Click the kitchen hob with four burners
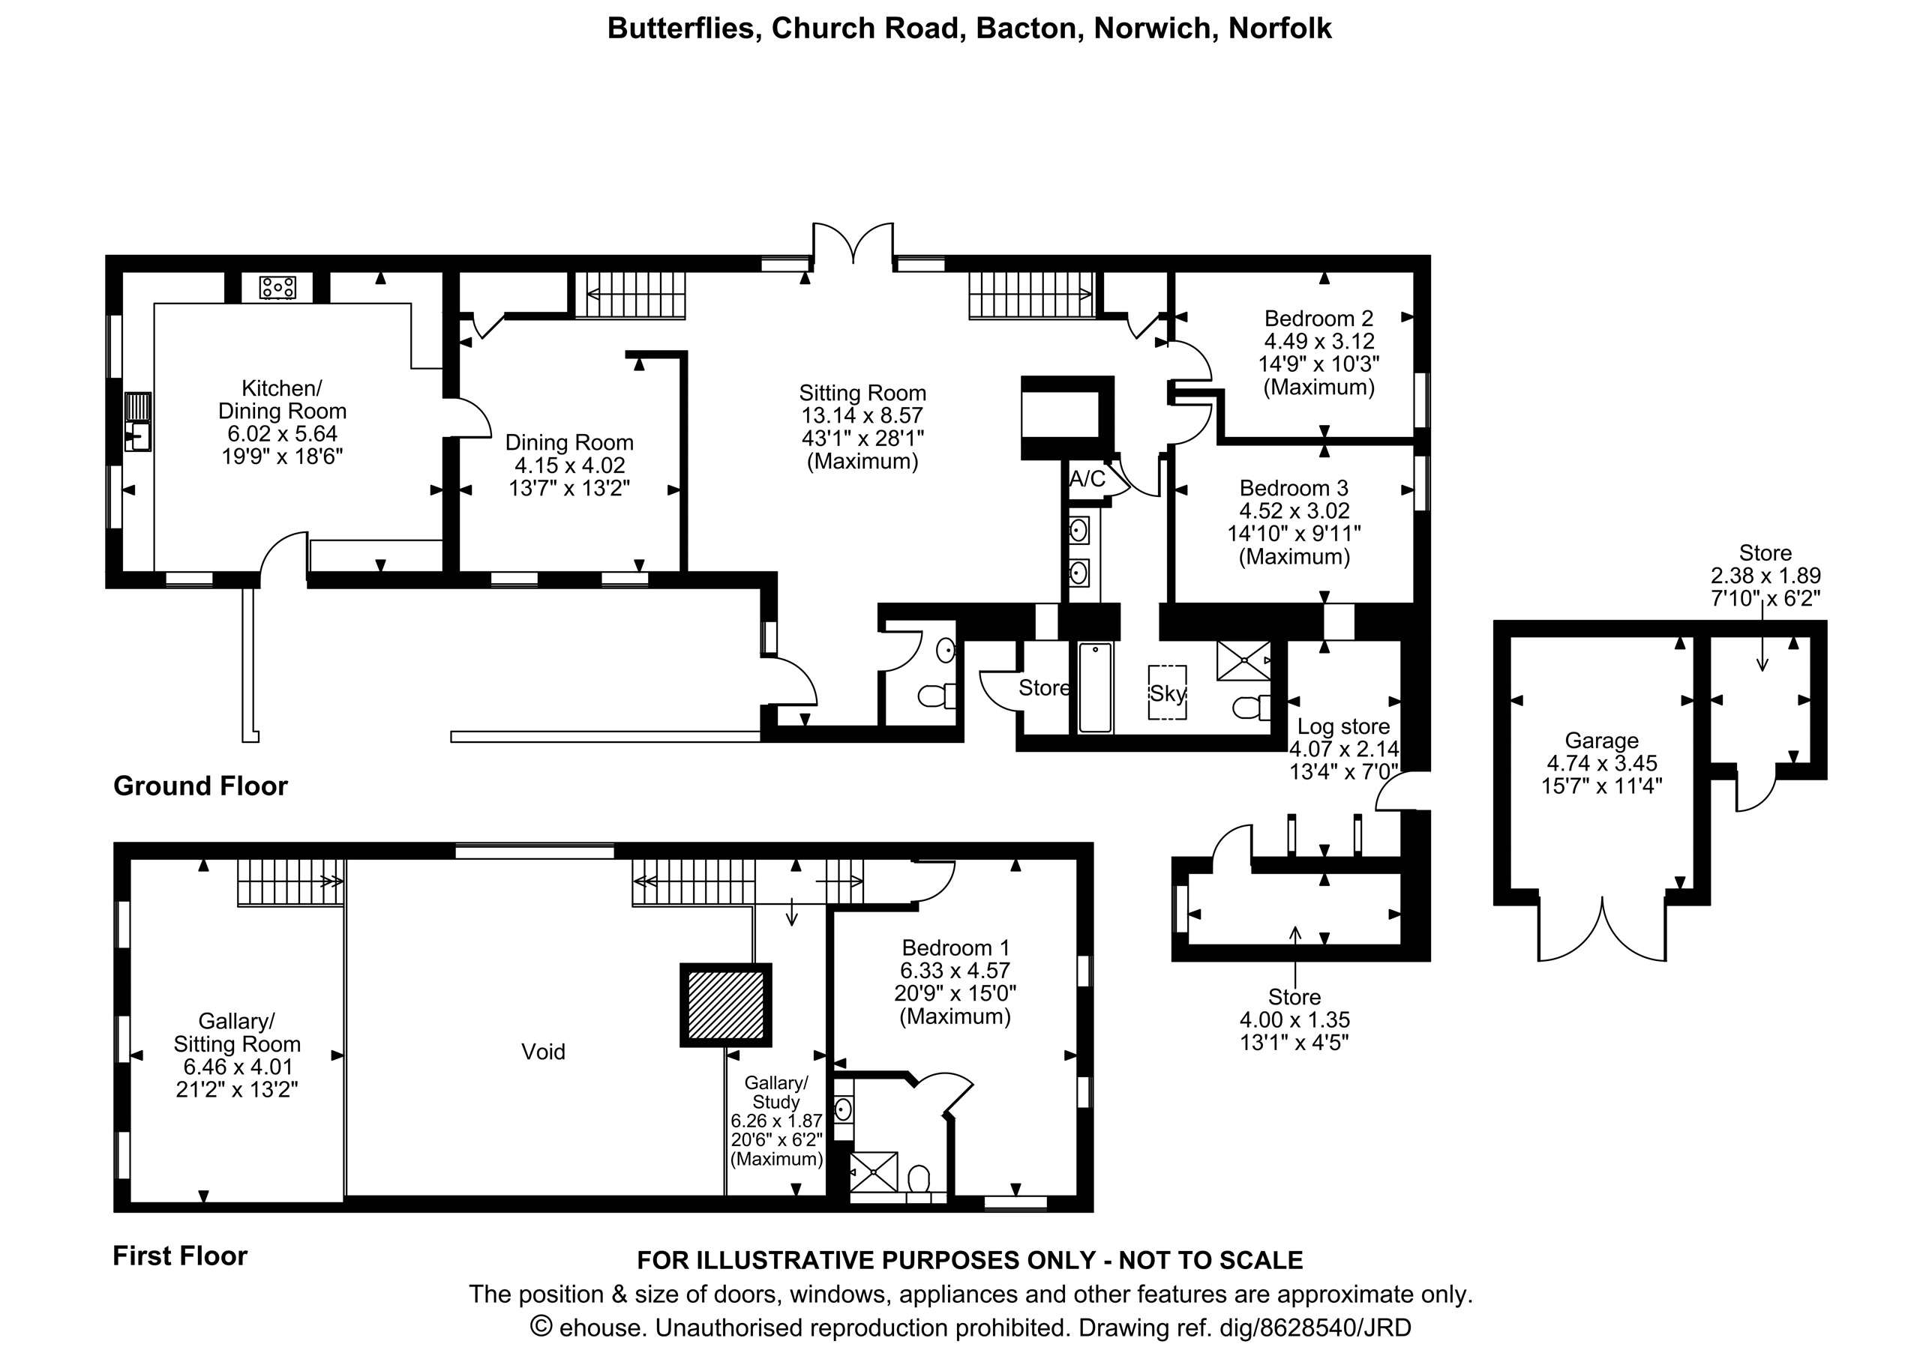[x=277, y=288]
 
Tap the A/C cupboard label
[x=1087, y=479]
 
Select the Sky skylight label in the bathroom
[x=1168, y=693]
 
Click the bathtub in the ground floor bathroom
[x=1096, y=687]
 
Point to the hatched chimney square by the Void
[x=726, y=1005]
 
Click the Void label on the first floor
[x=544, y=1052]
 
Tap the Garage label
[x=1601, y=741]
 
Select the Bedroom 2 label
[x=1318, y=319]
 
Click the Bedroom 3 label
[x=1294, y=488]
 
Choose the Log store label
[x=1343, y=726]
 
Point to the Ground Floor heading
[x=201, y=786]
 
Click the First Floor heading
[x=181, y=1256]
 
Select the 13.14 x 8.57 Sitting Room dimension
[x=862, y=416]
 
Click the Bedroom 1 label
[x=955, y=948]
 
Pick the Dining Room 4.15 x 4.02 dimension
[x=569, y=465]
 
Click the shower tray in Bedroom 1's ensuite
[x=874, y=1172]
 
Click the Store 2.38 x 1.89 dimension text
[x=1765, y=576]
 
